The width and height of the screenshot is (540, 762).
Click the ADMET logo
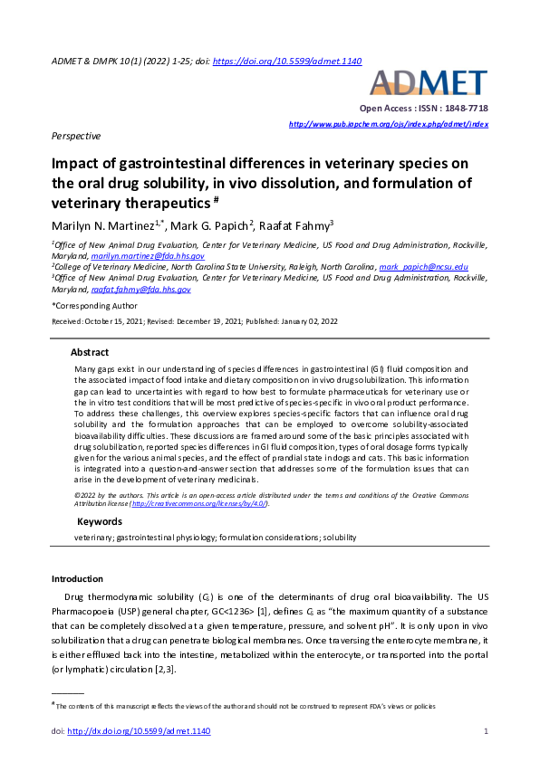(430, 83)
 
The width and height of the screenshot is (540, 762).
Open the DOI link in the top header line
(300, 61)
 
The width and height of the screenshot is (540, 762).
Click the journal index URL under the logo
(388, 123)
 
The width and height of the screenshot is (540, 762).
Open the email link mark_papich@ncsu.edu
(423, 267)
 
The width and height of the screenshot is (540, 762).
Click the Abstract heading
(90, 352)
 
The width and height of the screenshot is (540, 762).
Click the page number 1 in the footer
(487, 730)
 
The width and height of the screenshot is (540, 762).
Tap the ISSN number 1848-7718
(458, 108)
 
